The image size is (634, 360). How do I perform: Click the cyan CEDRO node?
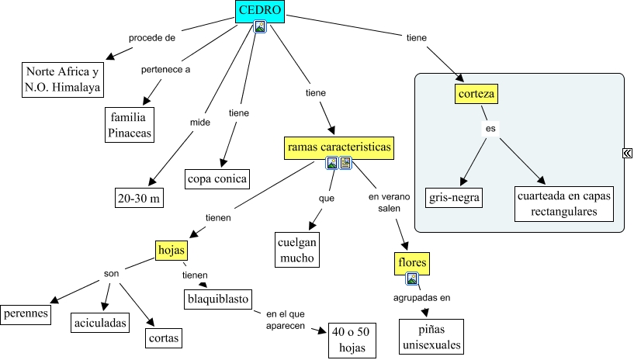point(260,10)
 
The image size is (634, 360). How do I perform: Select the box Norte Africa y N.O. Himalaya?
point(62,80)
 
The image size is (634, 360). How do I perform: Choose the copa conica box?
point(217,179)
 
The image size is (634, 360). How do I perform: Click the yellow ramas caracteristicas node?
point(339,147)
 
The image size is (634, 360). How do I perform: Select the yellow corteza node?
point(476,95)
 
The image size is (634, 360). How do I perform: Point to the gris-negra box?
point(455,197)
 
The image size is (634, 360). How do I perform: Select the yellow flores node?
point(411,263)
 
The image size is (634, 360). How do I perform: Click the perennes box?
point(26,314)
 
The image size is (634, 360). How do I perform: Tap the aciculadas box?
point(100,322)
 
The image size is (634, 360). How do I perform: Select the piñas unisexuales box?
point(431,337)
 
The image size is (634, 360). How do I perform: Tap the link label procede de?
point(151,37)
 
